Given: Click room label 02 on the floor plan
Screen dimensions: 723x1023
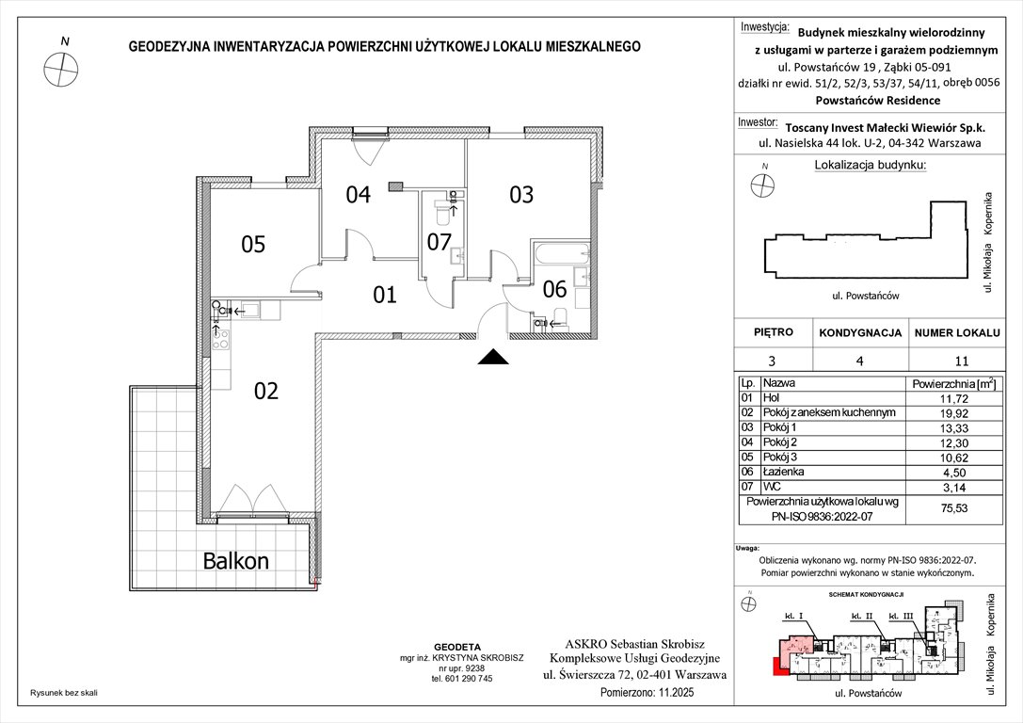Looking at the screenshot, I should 266,391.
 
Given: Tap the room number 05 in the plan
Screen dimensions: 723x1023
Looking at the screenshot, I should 253,245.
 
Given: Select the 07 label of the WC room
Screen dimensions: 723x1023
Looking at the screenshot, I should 440,242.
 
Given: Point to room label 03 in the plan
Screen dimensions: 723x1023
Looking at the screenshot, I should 521,195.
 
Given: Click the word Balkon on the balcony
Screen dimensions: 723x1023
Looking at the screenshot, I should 236,561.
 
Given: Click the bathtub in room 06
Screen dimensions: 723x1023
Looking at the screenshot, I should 559,254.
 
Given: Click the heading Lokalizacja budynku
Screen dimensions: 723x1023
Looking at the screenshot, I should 869,166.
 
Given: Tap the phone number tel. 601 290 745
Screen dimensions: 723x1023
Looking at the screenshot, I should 462,678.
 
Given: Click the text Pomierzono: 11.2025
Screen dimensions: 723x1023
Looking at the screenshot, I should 663,693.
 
